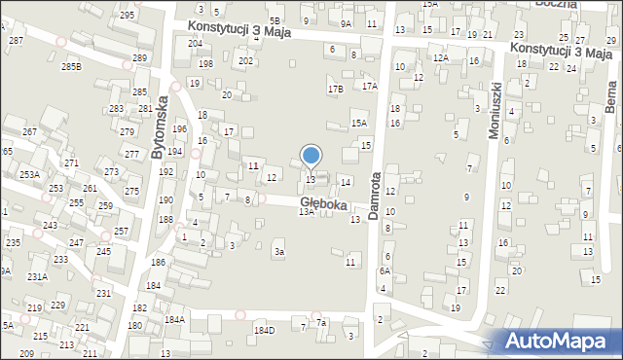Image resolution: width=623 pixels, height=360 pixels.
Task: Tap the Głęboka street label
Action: point(324,203)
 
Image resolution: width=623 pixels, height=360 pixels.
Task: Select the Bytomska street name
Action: point(161,126)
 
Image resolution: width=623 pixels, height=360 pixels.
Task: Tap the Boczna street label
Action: point(557,4)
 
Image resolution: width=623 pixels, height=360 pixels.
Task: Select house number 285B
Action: point(71,66)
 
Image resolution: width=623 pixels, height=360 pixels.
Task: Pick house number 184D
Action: point(264,330)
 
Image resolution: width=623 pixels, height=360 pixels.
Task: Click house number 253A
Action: point(29,174)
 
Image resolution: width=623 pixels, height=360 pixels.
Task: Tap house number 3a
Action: point(279,252)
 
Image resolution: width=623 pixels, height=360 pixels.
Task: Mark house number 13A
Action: point(306,211)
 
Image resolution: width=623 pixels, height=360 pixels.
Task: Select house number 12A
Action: point(441,58)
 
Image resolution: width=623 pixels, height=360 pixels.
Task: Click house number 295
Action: point(128,16)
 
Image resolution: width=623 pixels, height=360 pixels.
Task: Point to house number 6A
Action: point(385,271)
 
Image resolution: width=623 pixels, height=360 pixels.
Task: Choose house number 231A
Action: point(37,276)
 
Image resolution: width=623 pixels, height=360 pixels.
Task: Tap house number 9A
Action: point(346,22)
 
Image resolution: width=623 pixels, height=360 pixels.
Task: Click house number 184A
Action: point(174,319)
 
